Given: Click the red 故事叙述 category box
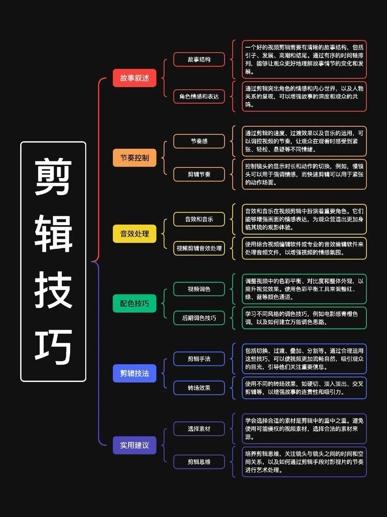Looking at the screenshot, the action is coord(134,78).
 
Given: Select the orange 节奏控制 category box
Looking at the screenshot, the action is coord(134,158).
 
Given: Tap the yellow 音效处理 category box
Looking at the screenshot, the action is coord(134,234).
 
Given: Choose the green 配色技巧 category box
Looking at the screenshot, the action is coord(134,304).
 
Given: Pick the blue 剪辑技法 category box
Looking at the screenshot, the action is coord(134,373).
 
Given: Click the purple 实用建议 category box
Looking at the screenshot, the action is coord(134,445).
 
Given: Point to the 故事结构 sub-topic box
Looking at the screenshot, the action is coord(199,60).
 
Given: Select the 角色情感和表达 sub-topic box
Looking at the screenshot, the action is coord(199,96).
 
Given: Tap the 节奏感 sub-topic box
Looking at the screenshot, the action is coord(199,141).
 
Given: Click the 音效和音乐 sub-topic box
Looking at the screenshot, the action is coord(199,219).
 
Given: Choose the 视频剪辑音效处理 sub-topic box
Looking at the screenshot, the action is coord(199,248).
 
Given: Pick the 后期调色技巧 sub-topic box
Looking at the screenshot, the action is coord(199,318).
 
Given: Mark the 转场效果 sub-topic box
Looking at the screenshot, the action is coord(199,388).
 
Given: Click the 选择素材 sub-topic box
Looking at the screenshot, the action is coord(199,428).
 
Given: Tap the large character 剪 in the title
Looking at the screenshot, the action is coord(53,176).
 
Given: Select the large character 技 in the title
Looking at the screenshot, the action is coord(53,290).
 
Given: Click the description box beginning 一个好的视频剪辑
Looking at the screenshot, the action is coord(304,60).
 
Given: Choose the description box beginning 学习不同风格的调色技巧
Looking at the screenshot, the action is coord(304,318).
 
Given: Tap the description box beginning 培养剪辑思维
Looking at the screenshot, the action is coord(304,462).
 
